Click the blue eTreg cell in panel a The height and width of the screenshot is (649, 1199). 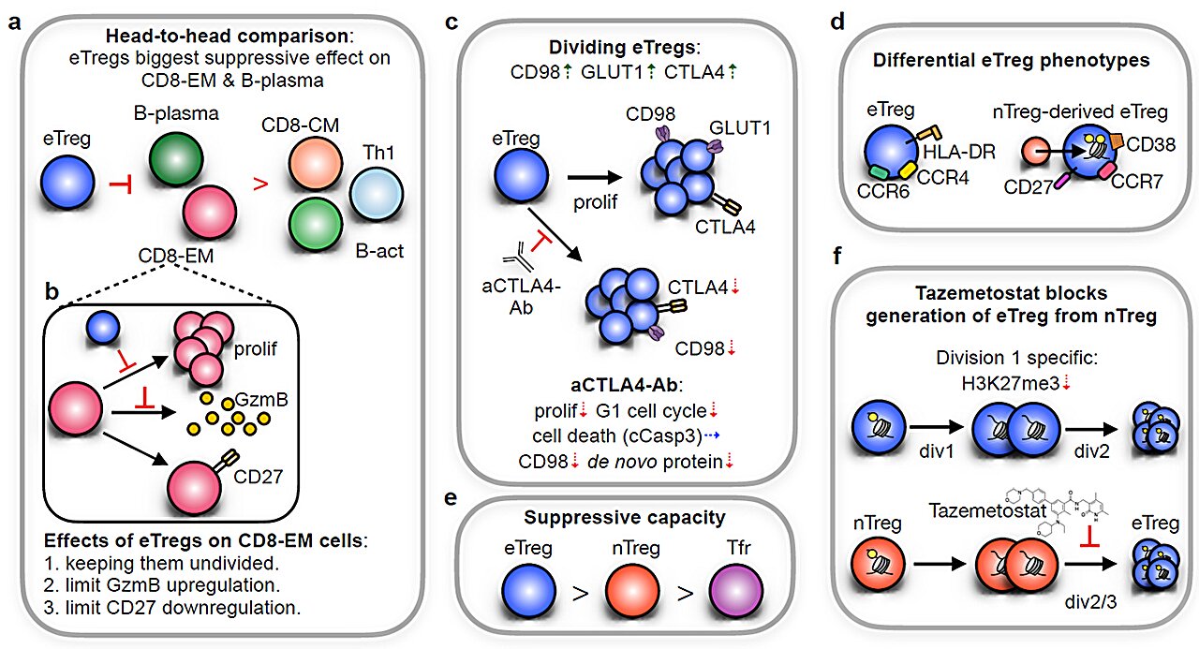[67, 183]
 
